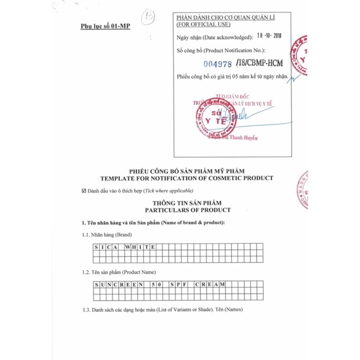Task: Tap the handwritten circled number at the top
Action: [150, 16]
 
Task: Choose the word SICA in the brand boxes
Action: [104, 248]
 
